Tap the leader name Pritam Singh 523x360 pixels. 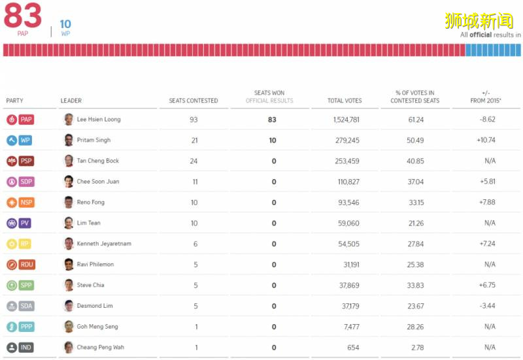point(93,140)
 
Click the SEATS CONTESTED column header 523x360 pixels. point(194,101)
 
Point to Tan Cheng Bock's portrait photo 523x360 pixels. point(69,161)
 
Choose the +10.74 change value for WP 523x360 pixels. point(487,140)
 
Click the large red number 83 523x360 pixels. point(22,16)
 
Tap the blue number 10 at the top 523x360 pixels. point(65,24)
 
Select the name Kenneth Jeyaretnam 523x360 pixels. point(104,244)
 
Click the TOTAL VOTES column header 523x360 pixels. point(345,101)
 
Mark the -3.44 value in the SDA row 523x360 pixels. point(487,306)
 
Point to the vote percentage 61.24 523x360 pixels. point(415,120)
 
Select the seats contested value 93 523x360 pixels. point(194,120)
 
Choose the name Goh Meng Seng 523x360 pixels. point(97,327)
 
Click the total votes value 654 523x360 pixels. point(352,348)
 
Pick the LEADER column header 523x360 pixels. point(71,101)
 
